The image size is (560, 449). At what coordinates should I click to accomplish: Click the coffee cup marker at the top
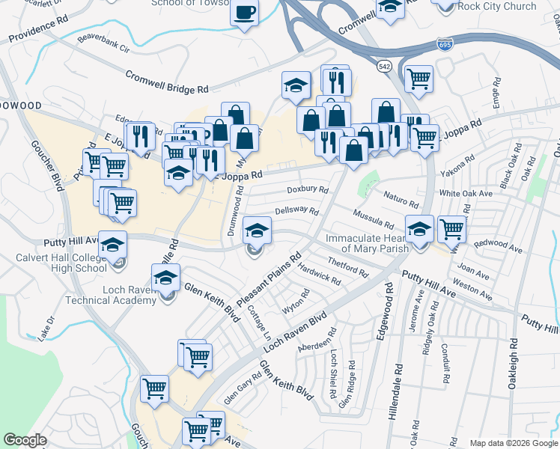click(244, 13)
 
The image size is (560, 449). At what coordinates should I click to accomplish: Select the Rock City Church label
click(497, 7)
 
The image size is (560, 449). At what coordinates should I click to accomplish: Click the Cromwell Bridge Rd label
click(167, 82)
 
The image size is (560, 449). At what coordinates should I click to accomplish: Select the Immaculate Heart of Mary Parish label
click(367, 243)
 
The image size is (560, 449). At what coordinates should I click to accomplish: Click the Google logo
click(25, 439)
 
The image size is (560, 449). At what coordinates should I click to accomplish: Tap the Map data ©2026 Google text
click(513, 443)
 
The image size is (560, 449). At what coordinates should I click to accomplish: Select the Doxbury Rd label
click(307, 190)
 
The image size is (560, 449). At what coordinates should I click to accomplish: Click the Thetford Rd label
click(348, 267)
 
